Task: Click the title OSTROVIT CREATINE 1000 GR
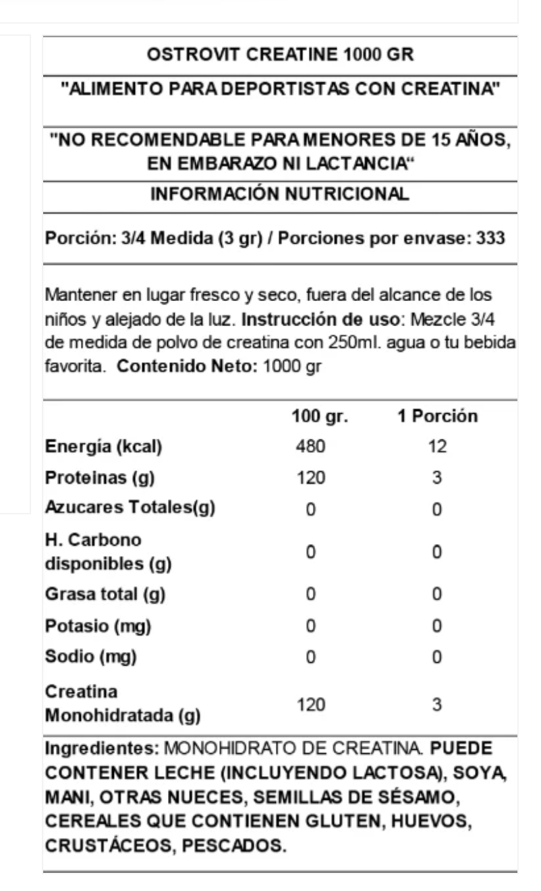point(279,56)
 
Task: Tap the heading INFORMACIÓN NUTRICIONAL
point(279,194)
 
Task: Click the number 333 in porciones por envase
point(490,239)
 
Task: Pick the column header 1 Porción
point(437,416)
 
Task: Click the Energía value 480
point(311,447)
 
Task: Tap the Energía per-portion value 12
point(437,447)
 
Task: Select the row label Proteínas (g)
point(100,478)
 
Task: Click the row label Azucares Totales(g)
point(130,509)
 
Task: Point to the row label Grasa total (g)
point(105,595)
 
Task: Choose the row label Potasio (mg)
point(98,626)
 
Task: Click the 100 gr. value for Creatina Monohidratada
point(311,705)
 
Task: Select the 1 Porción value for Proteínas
point(437,478)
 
